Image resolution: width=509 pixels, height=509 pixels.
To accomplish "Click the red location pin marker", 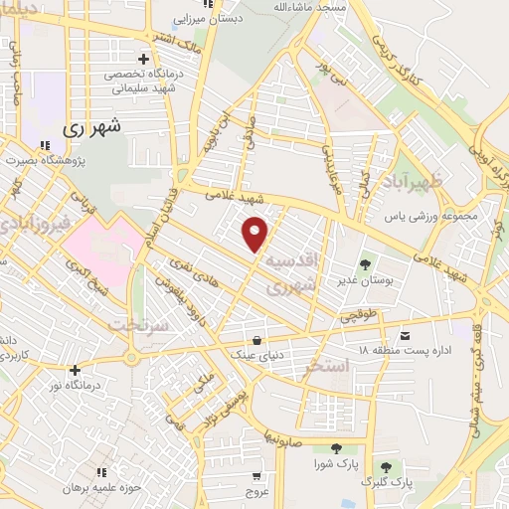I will pyautogui.click(x=256, y=233).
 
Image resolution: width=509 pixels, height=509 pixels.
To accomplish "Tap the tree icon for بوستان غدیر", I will pyautogui.click(x=365, y=264).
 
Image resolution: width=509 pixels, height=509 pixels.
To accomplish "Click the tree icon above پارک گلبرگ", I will pyautogui.click(x=385, y=466).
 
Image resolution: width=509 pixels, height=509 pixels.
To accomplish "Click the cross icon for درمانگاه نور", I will pyautogui.click(x=75, y=370).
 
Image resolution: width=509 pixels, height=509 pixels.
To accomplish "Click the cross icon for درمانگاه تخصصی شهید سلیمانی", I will pyautogui.click(x=146, y=59).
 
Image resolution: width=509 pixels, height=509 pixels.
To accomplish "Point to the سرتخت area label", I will pyautogui.click(x=133, y=326).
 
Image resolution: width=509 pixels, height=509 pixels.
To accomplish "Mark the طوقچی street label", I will pyautogui.click(x=359, y=315).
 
